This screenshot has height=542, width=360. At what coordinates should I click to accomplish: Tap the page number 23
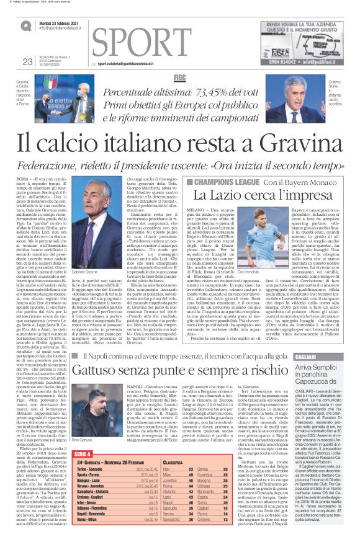point(27,61)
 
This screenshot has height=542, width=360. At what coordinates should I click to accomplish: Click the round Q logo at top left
point(26,25)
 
